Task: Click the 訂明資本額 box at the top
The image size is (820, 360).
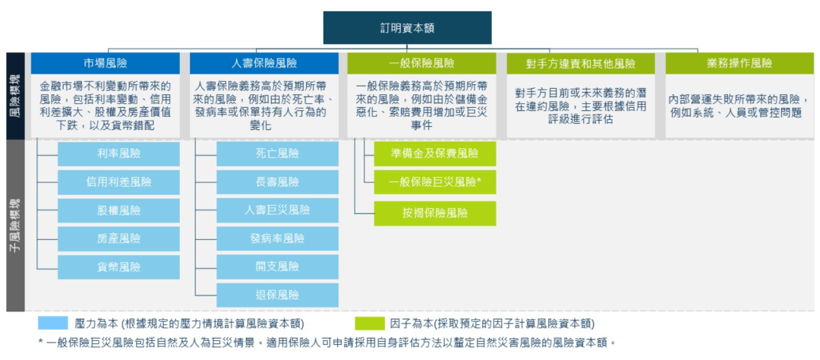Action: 407,27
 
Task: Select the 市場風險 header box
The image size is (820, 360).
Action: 105,63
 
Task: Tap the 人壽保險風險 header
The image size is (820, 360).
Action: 263,63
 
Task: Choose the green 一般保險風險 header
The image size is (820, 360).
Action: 421,63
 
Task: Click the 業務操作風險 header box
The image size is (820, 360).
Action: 739,63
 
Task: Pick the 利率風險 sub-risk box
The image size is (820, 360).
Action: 118,153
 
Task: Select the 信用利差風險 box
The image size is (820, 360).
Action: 118,182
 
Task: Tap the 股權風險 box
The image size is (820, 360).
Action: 118,210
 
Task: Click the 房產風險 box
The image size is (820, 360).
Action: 118,238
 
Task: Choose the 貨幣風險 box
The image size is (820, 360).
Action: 118,267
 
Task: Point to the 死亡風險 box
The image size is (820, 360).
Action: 277,153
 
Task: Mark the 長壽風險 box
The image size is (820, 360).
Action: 277,182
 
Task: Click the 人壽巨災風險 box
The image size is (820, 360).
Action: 277,210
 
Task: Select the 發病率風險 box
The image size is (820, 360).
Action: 277,238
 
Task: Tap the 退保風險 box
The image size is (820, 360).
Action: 277,295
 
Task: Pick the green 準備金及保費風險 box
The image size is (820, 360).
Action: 434,153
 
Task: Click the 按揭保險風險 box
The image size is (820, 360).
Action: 434,213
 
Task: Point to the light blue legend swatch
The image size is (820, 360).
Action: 52,323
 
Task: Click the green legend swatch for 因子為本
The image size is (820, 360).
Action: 369,323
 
